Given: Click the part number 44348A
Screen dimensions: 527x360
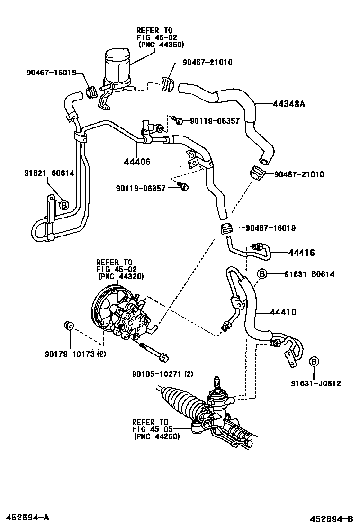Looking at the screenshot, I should [x=288, y=103].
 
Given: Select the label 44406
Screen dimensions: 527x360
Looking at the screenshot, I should [x=138, y=162].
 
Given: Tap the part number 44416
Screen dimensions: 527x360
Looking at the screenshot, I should [x=302, y=253].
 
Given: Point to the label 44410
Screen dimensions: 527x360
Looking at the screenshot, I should [x=283, y=312].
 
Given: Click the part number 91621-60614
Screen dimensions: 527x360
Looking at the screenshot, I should [x=50, y=173].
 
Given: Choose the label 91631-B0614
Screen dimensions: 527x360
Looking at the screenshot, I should [x=309, y=274].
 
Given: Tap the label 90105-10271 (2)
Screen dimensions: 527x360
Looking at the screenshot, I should [x=163, y=374].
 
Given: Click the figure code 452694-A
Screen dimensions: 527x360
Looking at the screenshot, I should [x=28, y=515].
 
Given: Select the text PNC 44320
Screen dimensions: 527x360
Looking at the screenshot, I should [x=121, y=276].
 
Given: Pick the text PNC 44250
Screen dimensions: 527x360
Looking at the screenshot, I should [x=157, y=436].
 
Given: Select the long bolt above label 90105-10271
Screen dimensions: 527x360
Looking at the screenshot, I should [x=154, y=351].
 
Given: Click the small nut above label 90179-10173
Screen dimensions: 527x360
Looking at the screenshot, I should [x=68, y=325].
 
